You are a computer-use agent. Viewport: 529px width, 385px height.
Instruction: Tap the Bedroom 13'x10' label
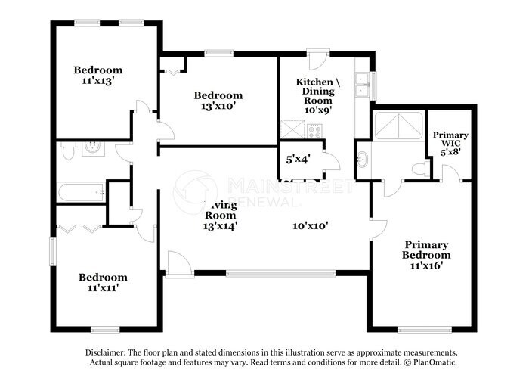click(218, 101)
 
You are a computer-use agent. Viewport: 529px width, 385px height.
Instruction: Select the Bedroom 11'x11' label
click(103, 282)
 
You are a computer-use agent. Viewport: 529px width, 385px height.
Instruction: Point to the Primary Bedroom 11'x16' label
click(426, 255)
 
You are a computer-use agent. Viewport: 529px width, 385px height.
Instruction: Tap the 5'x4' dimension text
click(299, 160)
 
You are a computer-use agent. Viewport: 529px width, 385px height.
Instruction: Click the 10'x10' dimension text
click(311, 225)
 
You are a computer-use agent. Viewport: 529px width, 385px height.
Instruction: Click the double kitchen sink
click(363, 83)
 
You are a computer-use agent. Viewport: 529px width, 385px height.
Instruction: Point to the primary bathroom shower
click(398, 125)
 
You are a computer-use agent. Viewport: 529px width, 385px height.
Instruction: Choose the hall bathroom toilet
click(68, 151)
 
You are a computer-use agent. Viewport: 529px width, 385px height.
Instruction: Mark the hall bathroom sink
click(94, 147)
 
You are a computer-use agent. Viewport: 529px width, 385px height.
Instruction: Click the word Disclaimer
click(105, 353)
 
